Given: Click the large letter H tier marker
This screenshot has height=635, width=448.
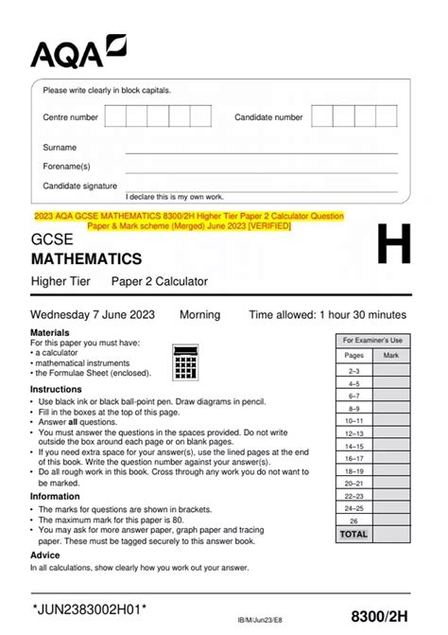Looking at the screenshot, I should pyautogui.click(x=394, y=249).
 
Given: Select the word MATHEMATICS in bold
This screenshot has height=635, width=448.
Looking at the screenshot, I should pyautogui.click(x=86, y=258).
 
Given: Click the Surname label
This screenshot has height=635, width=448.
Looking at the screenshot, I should pyautogui.click(x=60, y=148).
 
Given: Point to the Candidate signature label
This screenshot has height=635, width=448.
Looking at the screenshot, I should pyautogui.click(x=80, y=185).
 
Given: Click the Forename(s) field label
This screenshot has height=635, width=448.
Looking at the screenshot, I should pyautogui.click(x=66, y=167).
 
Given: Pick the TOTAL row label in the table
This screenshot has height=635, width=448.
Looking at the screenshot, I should pyautogui.click(x=354, y=535).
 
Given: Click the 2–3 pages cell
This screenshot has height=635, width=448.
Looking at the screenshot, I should pyautogui.click(x=354, y=372).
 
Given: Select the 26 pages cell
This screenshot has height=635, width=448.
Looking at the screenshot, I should pyautogui.click(x=354, y=520).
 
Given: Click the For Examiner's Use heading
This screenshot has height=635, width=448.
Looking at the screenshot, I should pyautogui.click(x=372, y=340).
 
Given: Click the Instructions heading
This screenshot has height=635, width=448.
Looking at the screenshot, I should pyautogui.click(x=56, y=389).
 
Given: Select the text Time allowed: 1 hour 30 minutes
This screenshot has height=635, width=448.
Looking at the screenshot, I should pyautogui.click(x=327, y=314).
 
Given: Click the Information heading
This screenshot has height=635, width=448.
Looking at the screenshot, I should pyautogui.click(x=55, y=496).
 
